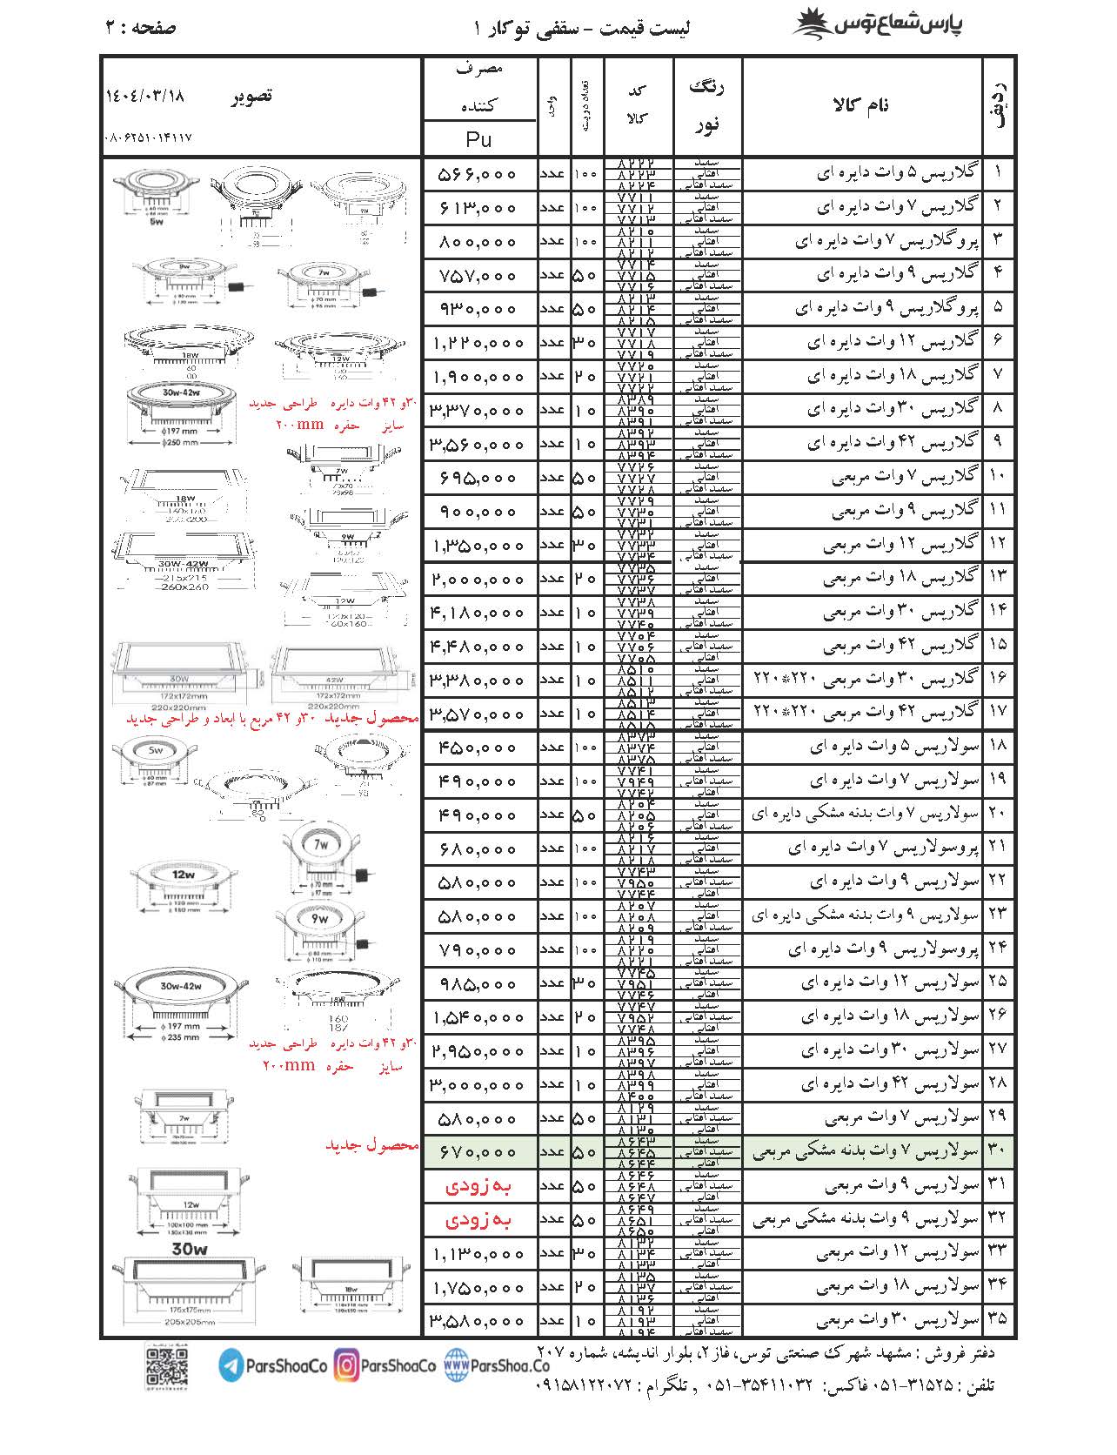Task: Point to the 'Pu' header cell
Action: tap(478, 139)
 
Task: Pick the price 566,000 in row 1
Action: tap(478, 174)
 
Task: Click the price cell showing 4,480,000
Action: tap(478, 647)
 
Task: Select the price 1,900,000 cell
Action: tap(478, 377)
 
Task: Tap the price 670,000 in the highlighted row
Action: tap(478, 1152)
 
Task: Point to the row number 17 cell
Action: tap(998, 713)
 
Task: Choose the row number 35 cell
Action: tap(998, 1319)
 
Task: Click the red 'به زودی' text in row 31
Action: tap(478, 1186)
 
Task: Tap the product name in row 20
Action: tap(865, 815)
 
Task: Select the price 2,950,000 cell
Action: tap(478, 1051)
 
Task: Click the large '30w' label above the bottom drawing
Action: tap(190, 1250)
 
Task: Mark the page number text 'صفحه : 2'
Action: tap(141, 27)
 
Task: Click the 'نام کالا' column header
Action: tap(861, 105)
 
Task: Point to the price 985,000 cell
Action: tap(478, 983)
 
